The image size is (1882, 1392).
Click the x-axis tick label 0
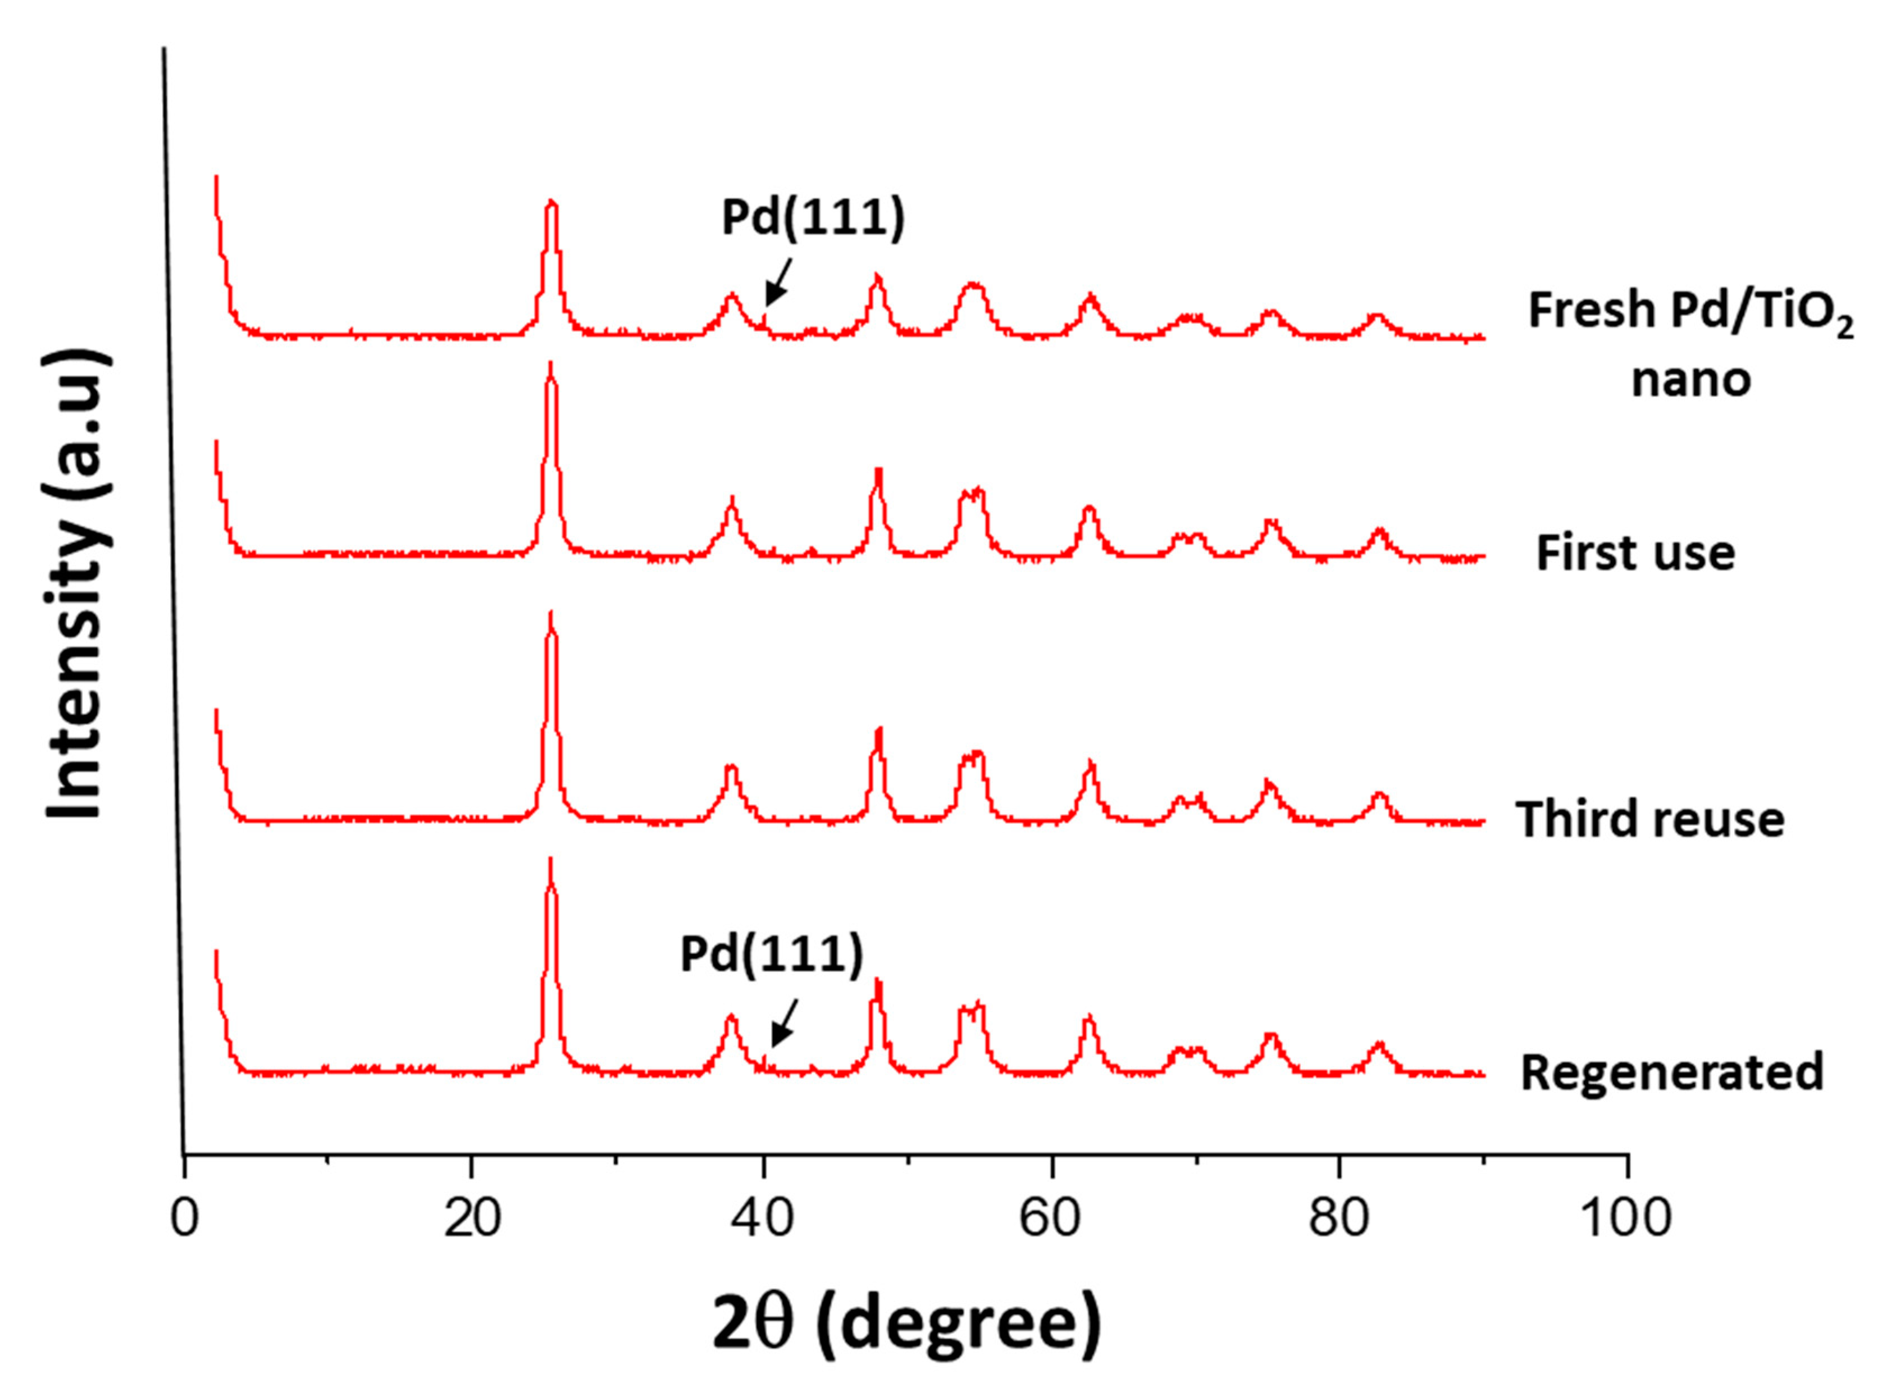[x=184, y=1218]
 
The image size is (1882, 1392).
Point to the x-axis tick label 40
[x=763, y=1218]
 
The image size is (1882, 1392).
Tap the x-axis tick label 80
[x=1340, y=1218]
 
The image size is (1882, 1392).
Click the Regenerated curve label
[x=1671, y=1072]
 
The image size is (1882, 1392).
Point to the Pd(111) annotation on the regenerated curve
[x=771, y=955]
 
